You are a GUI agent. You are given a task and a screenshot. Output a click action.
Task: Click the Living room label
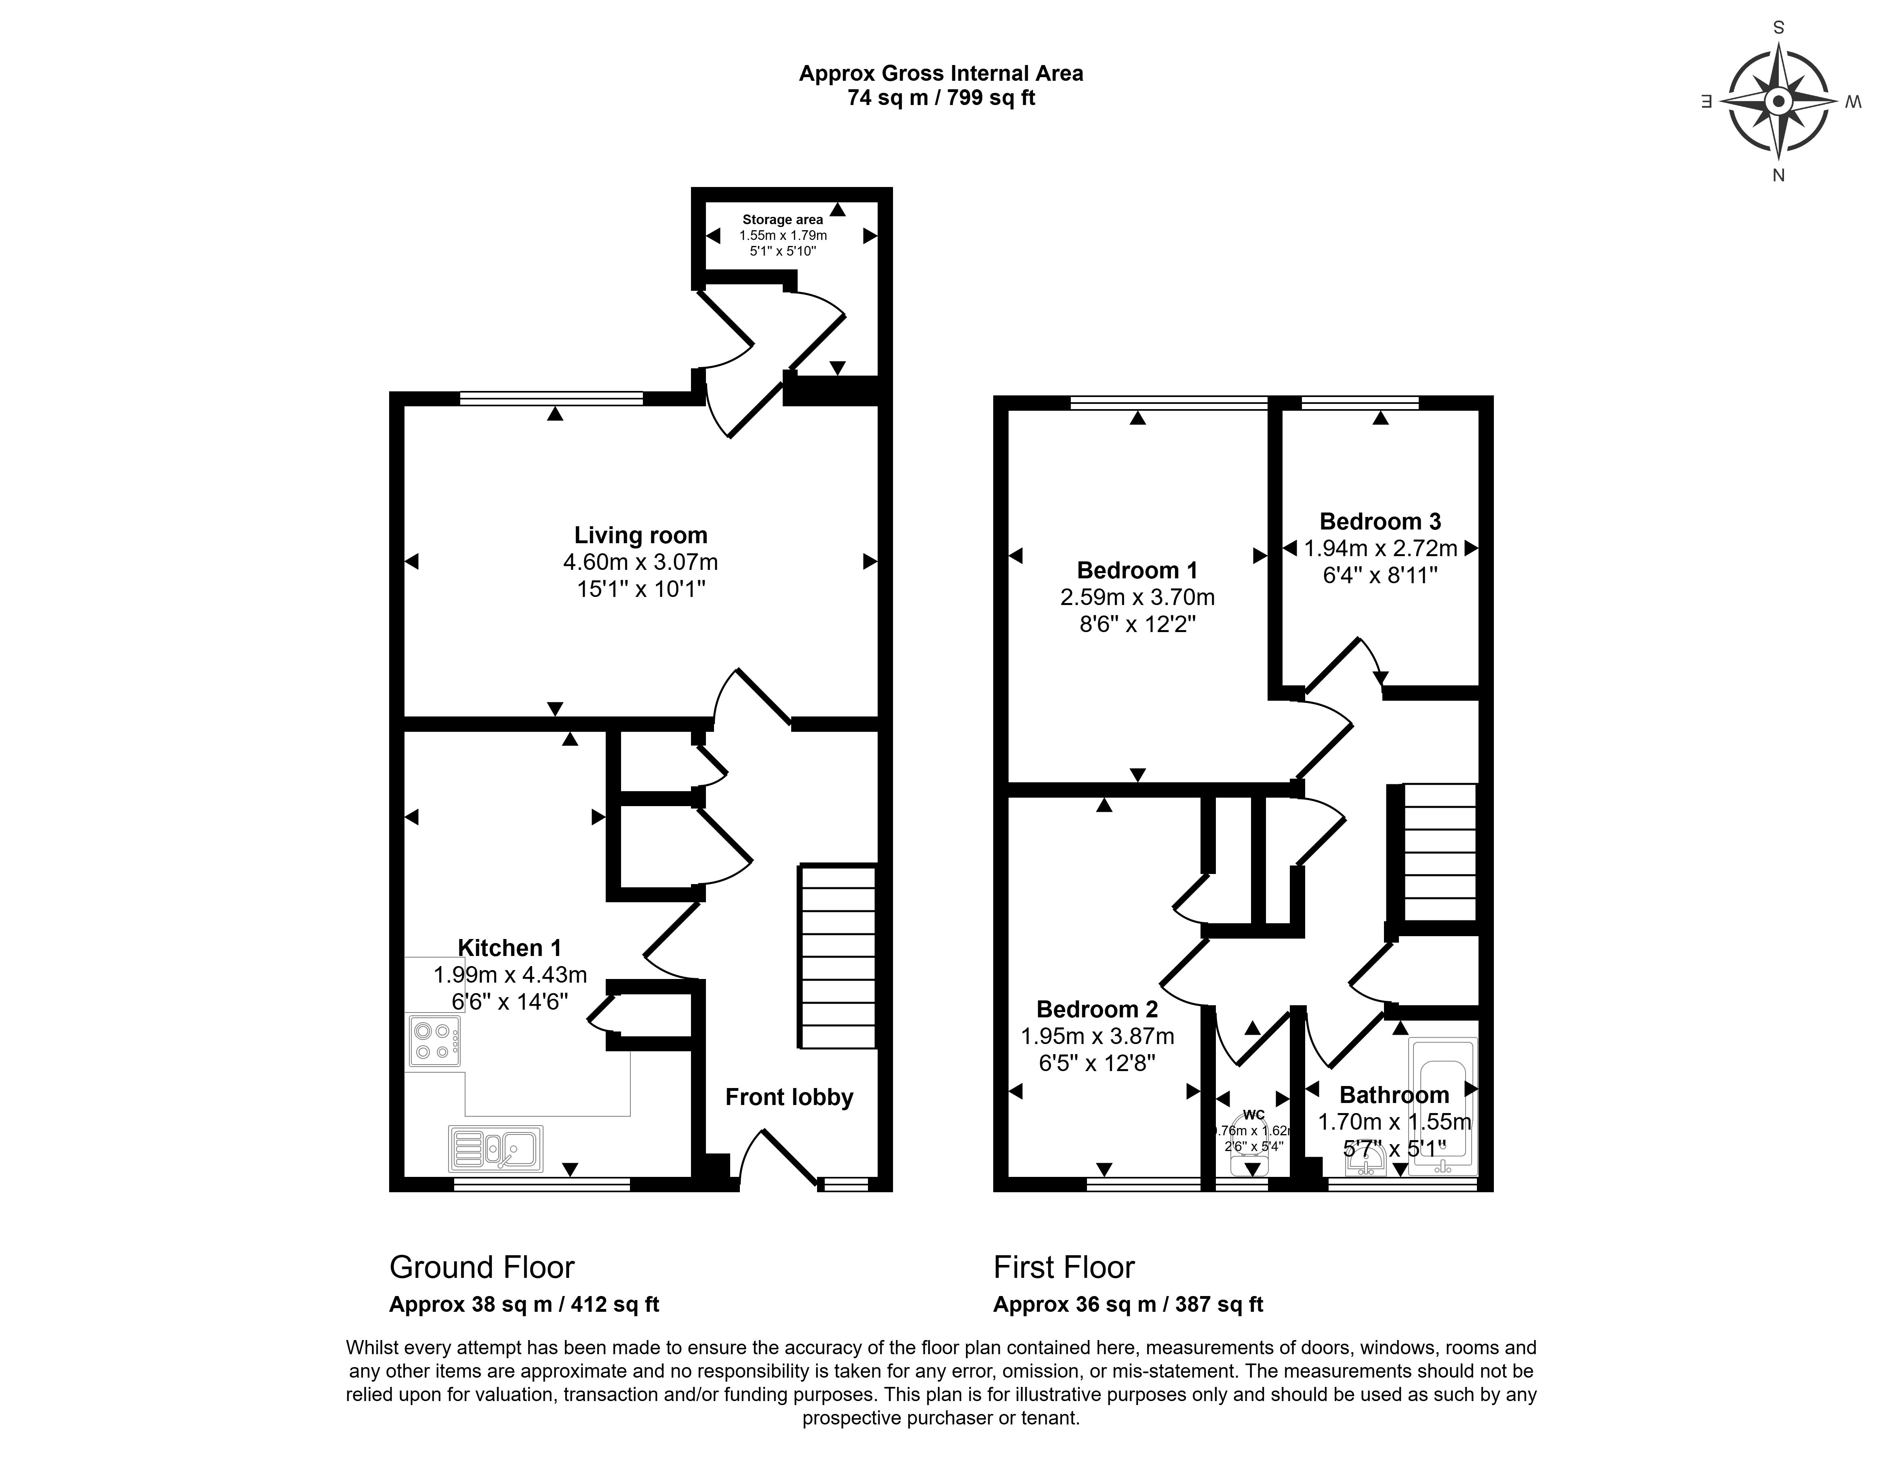pyautogui.click(x=640, y=535)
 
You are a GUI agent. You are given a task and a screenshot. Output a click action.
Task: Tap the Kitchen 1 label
pyautogui.click(x=510, y=948)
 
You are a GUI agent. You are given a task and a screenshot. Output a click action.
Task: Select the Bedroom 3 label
pyautogui.click(x=1380, y=521)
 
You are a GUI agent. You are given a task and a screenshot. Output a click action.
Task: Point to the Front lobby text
pyautogui.click(x=789, y=1097)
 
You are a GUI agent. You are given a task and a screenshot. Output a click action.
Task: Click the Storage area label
pyautogui.click(x=783, y=220)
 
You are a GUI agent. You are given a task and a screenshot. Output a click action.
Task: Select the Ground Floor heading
pyautogui.click(x=482, y=1267)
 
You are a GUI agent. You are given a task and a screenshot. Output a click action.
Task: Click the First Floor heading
pyautogui.click(x=1064, y=1267)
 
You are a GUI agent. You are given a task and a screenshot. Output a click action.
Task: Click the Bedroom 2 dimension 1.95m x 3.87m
pyautogui.click(x=1097, y=1036)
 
